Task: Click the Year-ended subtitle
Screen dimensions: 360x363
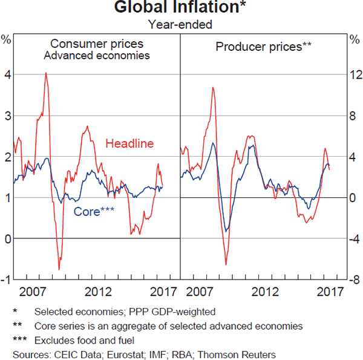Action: coord(180,25)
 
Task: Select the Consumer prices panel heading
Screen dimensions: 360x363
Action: coord(97,44)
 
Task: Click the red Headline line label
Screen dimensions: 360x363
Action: coord(129,143)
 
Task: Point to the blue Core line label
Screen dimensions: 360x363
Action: coord(94,212)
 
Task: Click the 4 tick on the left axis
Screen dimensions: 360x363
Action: coord(7,74)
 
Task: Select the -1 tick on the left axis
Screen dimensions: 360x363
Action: coord(5,280)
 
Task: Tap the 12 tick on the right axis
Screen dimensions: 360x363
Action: coord(354,74)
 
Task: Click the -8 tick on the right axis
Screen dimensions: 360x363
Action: coord(354,280)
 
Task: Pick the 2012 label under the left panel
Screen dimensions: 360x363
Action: coord(98,292)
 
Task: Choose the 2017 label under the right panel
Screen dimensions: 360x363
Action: coord(327,292)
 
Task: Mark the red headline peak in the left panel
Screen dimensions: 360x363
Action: coord(46,73)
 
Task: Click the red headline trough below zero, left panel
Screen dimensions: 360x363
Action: coord(59,269)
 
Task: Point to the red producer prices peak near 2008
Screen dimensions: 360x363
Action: coord(213,88)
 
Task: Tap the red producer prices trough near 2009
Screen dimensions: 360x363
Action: coord(226,264)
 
